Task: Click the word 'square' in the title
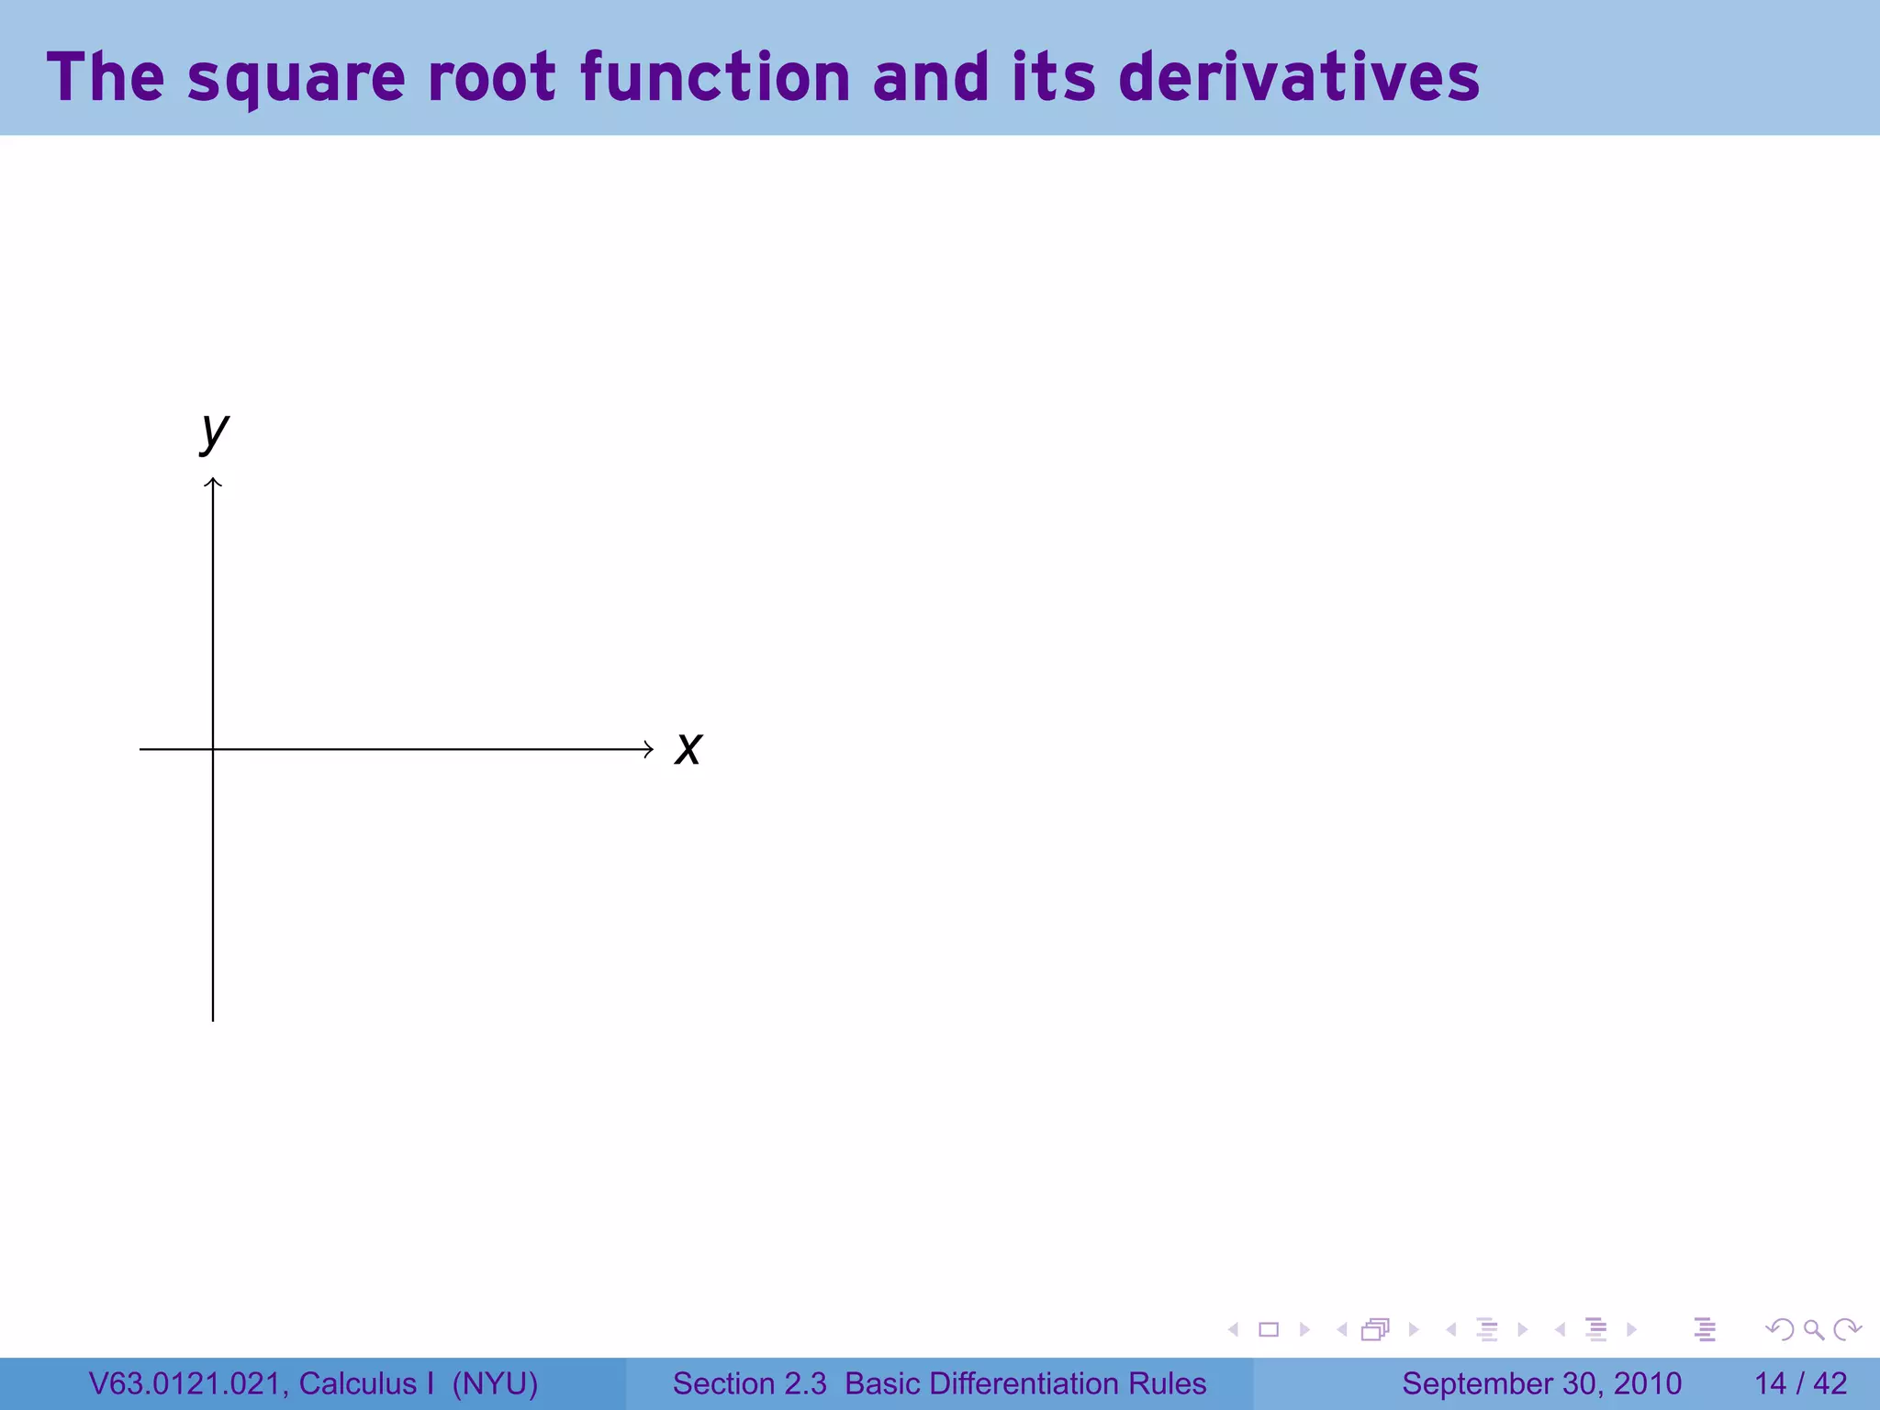[x=296, y=78]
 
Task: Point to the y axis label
[x=215, y=431]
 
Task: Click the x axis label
[x=688, y=748]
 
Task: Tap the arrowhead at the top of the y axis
[x=213, y=482]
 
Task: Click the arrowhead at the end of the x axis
[x=648, y=749]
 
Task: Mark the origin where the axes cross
[x=213, y=749]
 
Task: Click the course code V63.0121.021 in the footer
[x=188, y=1383]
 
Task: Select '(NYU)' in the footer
[x=495, y=1383]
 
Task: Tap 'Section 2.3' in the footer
[x=749, y=1383]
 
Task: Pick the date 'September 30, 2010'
[x=1541, y=1383]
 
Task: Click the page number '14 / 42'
[x=1800, y=1383]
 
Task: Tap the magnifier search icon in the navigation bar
[x=1813, y=1329]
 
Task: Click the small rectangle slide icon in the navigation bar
[x=1269, y=1329]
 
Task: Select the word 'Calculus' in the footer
[x=357, y=1383]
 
